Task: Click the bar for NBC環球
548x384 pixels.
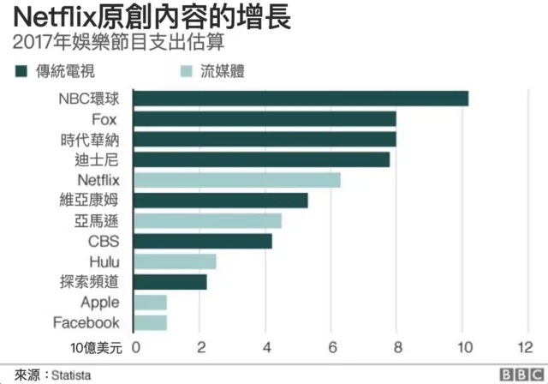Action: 301,99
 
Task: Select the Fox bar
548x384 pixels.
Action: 265,119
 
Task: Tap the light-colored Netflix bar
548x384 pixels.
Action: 237,180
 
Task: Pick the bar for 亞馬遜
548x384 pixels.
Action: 208,221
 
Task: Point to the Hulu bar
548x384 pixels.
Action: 176,261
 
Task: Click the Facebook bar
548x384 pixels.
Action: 151,322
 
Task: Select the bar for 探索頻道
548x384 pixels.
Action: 170,282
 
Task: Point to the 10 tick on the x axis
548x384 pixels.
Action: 462,348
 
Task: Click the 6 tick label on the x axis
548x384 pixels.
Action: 331,348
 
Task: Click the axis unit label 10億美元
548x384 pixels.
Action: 96,348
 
